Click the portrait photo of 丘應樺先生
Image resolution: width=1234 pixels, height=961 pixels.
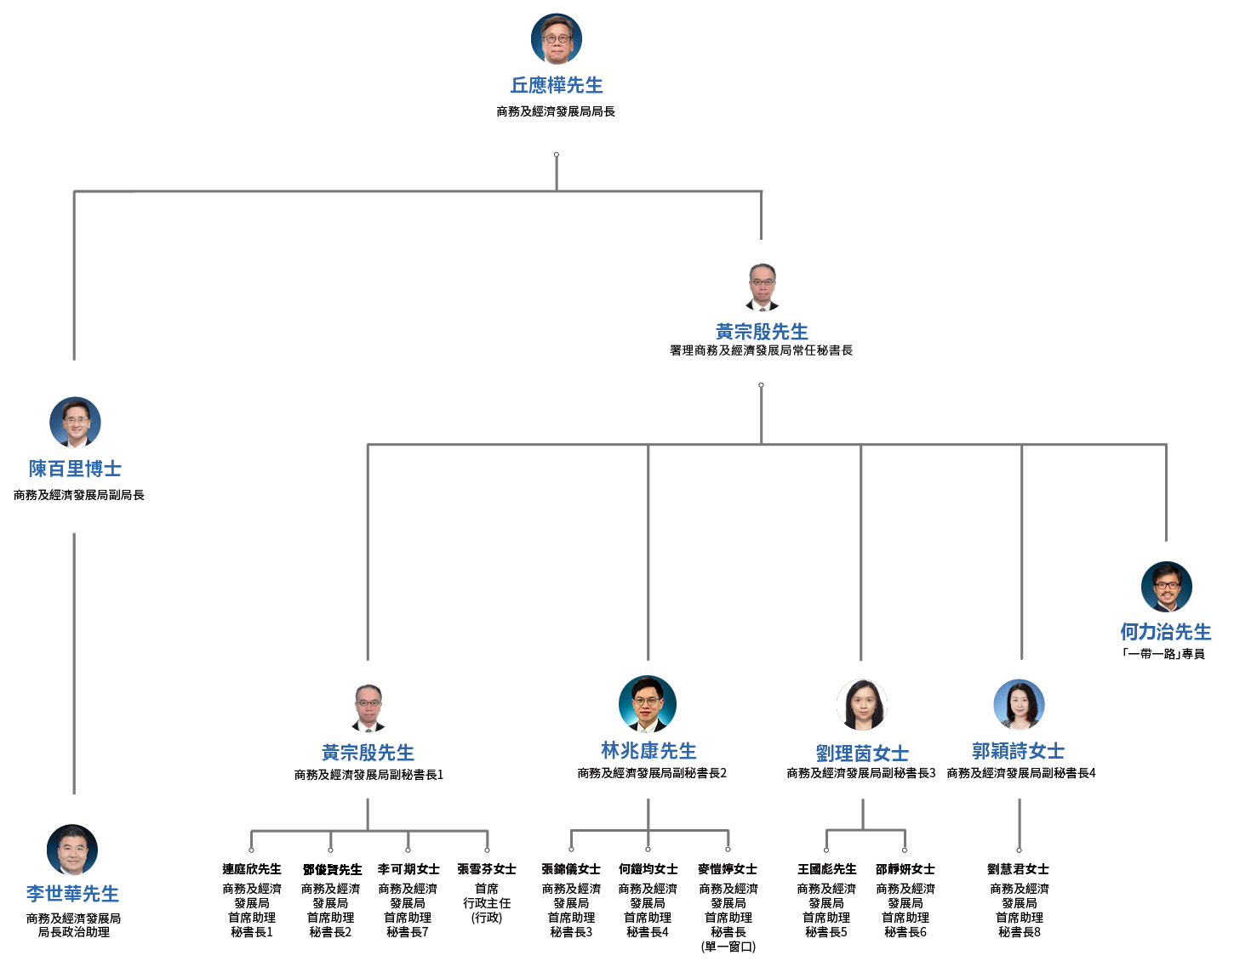557,39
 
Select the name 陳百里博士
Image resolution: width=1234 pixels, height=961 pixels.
75,469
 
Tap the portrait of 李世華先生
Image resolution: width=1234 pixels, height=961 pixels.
72,850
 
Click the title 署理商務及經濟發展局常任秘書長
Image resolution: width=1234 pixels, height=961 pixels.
761,350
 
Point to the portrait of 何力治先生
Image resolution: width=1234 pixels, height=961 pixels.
1166,587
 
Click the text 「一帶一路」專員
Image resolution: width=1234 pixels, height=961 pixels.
1163,654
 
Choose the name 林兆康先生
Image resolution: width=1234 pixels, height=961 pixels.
648,751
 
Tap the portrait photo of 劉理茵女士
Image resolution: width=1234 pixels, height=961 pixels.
862,705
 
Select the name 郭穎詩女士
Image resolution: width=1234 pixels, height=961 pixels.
1019,751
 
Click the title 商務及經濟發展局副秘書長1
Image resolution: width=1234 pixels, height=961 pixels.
368,775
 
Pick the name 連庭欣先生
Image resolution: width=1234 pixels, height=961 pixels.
252,869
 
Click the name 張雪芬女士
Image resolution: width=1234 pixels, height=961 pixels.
487,869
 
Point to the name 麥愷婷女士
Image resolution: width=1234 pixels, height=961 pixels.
728,869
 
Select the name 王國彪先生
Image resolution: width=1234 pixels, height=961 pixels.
827,869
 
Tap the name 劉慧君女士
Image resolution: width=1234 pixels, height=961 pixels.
1019,869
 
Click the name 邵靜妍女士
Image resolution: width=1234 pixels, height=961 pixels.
906,869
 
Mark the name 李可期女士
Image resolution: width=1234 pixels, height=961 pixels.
408,869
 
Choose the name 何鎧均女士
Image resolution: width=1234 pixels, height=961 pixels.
648,869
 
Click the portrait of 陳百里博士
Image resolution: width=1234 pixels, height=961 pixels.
75,422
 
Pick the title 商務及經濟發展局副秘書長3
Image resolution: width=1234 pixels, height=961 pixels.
861,773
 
